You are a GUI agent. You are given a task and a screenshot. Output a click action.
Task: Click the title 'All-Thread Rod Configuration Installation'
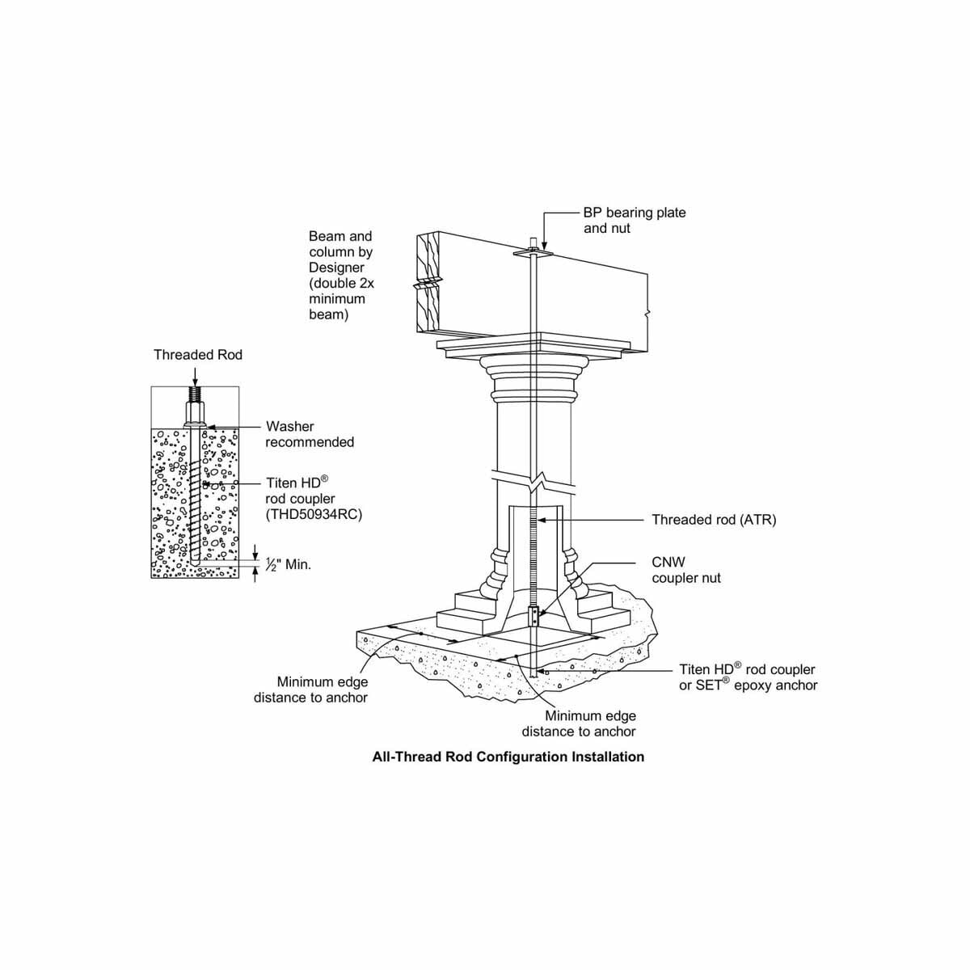click(x=508, y=757)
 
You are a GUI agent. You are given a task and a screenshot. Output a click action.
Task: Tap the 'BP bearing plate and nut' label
click(x=634, y=221)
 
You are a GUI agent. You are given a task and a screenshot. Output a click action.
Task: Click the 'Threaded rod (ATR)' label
click(x=714, y=520)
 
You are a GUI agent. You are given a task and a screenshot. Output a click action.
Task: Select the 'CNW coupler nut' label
click(x=685, y=570)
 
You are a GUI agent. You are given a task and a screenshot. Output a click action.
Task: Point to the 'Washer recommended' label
click(x=310, y=434)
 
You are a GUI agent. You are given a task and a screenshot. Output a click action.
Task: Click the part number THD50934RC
click(x=314, y=514)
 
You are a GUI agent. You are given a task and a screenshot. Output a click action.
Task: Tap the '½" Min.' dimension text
click(x=289, y=564)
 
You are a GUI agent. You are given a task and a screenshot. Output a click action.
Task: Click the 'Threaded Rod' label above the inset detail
click(x=198, y=355)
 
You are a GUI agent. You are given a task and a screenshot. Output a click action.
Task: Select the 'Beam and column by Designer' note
click(x=341, y=275)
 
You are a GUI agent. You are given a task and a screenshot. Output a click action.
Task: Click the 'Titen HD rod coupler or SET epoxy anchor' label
click(x=748, y=677)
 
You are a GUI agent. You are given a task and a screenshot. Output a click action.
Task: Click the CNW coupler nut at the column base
click(x=532, y=617)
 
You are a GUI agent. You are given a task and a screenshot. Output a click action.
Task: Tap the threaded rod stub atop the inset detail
click(x=196, y=398)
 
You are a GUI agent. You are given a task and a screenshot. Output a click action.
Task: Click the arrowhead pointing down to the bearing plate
click(x=544, y=246)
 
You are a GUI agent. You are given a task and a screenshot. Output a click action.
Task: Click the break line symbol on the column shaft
click(x=535, y=480)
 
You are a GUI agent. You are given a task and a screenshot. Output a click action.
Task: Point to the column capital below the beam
click(x=533, y=380)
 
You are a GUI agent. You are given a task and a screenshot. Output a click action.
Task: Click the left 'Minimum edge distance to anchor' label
click(x=310, y=690)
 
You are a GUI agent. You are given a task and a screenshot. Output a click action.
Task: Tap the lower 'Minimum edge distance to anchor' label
click(x=579, y=723)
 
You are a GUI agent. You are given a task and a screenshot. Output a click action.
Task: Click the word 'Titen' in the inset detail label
click(x=281, y=483)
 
